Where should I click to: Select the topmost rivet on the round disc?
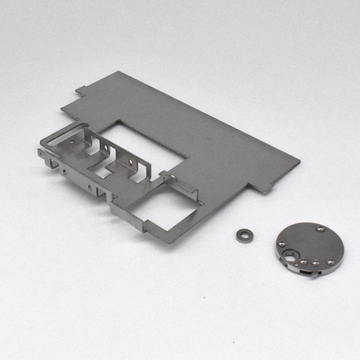319,229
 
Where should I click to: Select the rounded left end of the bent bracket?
40,151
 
